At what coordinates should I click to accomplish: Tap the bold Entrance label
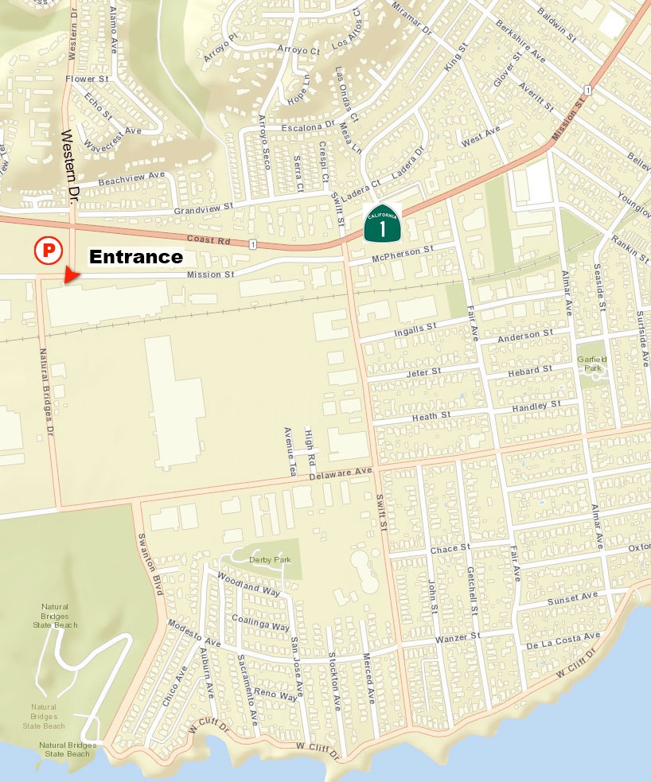pos(135,257)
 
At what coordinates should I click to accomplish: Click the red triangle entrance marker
pos(72,274)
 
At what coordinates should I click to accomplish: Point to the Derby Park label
pos(270,560)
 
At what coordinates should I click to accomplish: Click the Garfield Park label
pos(592,364)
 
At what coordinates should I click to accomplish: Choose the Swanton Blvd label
pos(149,566)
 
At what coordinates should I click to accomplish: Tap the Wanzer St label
pos(458,638)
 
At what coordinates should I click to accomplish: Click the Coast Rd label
pos(207,239)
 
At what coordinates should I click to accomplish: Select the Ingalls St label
pos(415,328)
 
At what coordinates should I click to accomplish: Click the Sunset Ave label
pos(572,597)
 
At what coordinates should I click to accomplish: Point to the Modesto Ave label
pos(194,635)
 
